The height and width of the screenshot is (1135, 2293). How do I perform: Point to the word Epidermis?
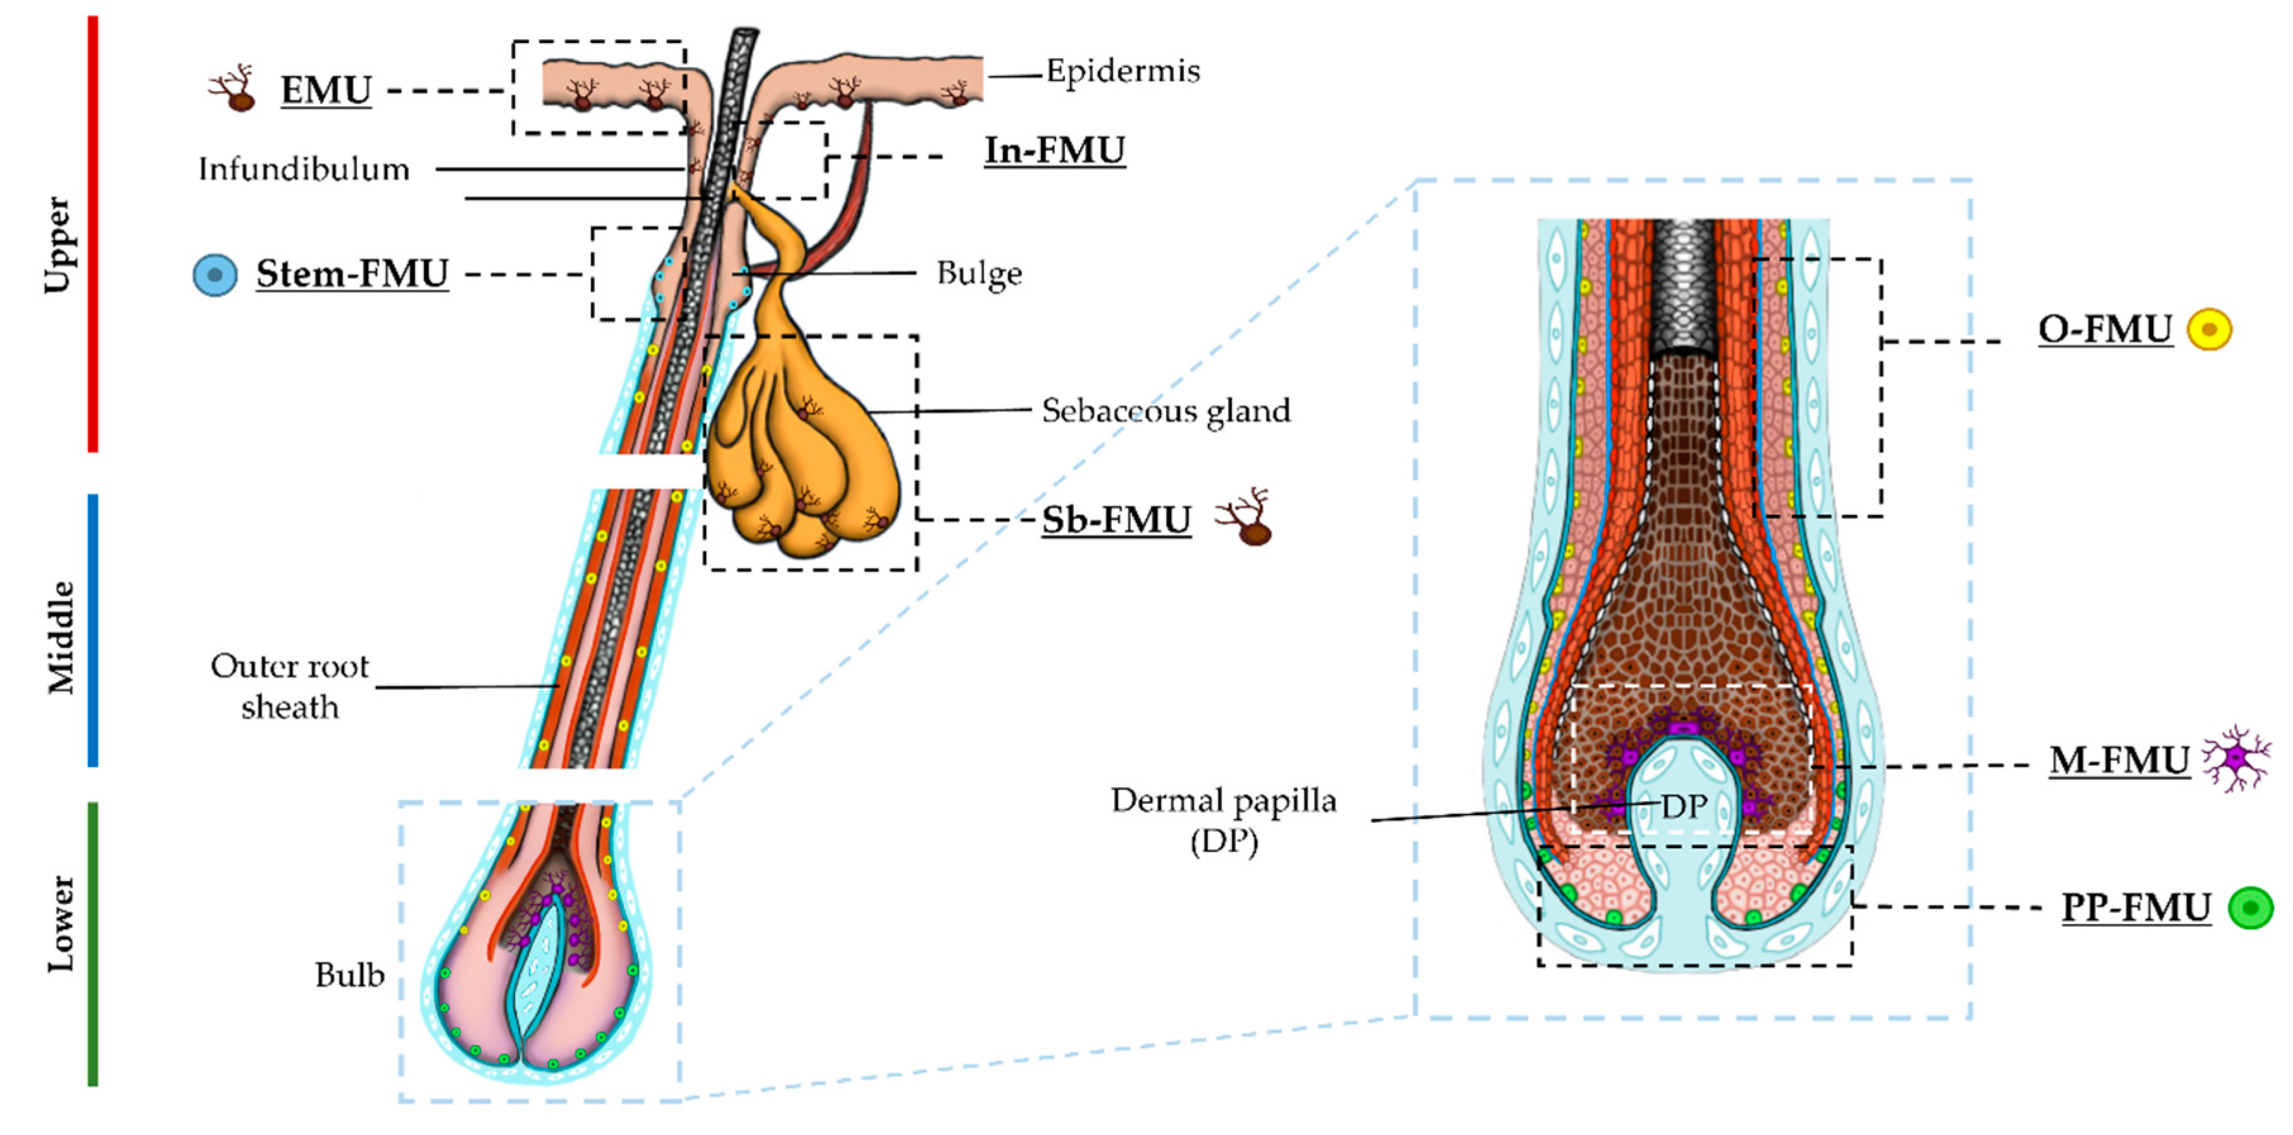pos(1122,71)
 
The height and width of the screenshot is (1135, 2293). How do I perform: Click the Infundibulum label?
pos(303,169)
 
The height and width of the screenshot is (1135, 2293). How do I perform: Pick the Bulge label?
pos(979,273)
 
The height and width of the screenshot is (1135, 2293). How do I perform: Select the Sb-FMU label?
pos(1116,520)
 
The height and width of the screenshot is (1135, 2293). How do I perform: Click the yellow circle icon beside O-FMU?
pos(2210,329)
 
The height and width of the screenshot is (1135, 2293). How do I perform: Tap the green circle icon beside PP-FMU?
pos(2250,908)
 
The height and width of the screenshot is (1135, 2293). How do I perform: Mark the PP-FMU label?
pos(2136,908)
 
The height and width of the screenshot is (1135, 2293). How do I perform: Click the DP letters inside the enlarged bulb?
pos(1684,806)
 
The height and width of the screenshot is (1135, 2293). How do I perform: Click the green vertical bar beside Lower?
pos(92,944)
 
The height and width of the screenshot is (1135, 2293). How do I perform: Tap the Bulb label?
pos(349,976)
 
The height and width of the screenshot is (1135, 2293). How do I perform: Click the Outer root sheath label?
pos(289,686)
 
